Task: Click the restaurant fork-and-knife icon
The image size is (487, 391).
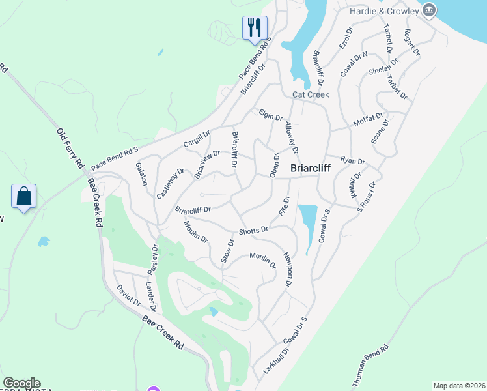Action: point(253,27)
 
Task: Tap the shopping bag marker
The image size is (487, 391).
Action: point(23,195)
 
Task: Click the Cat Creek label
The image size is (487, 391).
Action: point(311,94)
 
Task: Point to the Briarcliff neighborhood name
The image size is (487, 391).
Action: point(310,167)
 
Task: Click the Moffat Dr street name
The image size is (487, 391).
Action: point(368,119)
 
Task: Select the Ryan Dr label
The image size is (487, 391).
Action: point(353,160)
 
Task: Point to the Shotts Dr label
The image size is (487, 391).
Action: point(253,230)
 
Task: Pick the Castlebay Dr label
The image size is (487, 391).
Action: point(171,183)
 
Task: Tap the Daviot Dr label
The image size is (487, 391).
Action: point(128,296)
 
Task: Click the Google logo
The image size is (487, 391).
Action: point(21,383)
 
